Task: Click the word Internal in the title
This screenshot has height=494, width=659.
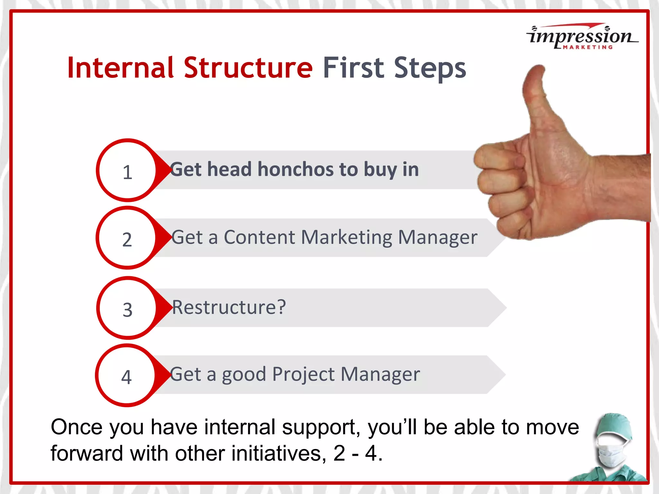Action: (x=120, y=68)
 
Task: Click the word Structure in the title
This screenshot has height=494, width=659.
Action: (x=248, y=68)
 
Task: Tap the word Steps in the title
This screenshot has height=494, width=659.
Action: (x=430, y=68)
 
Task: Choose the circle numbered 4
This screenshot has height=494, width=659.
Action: (x=126, y=376)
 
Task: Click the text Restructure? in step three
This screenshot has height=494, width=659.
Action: (x=229, y=307)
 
